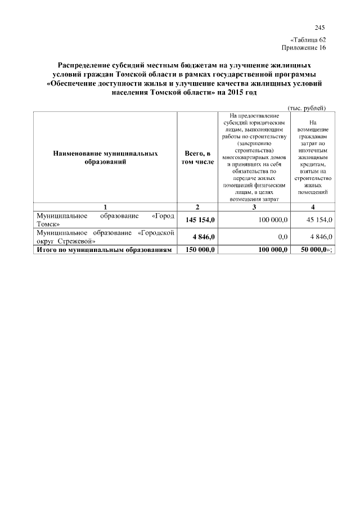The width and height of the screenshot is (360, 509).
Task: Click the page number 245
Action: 320,28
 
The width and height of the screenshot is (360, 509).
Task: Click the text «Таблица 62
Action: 308,40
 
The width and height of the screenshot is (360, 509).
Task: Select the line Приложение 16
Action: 307,48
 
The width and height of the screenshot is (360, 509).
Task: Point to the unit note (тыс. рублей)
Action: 307,108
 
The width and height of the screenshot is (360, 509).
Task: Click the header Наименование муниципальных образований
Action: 105,157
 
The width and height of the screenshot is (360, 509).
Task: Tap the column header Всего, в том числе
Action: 197,157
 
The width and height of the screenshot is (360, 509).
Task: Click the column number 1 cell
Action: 105,207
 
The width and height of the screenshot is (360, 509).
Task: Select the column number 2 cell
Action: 197,207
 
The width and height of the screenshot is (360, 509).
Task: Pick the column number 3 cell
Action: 254,207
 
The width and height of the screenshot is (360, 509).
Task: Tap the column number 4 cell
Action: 313,207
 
